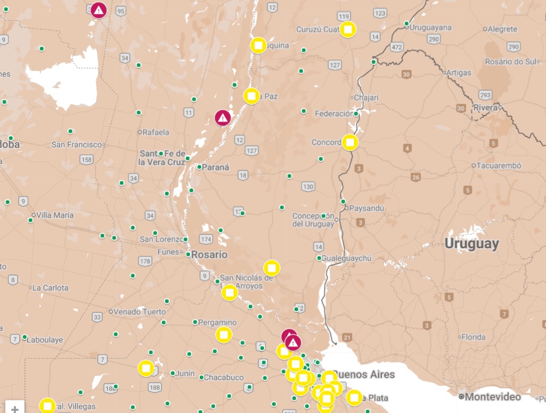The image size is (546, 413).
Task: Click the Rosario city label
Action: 209,255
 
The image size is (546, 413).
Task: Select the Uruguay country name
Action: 472,244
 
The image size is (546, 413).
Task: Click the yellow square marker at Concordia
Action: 350,142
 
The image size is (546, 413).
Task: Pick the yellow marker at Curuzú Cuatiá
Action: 347,29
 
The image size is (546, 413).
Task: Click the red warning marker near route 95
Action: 98,10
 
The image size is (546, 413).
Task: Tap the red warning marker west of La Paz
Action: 223,117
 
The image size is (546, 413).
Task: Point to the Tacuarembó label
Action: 499,165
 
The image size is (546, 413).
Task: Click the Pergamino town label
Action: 217,322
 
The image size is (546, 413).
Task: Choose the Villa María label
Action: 55,215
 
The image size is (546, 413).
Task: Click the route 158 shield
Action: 86,159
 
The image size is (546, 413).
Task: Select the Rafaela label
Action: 156,132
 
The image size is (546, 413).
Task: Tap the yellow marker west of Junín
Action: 146,368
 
